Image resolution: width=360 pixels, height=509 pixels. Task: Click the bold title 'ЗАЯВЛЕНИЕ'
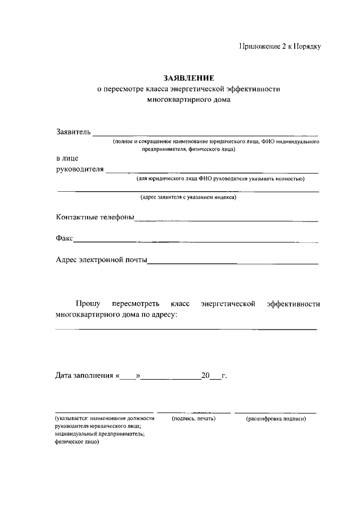click(x=188, y=78)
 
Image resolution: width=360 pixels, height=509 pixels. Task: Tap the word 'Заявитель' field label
click(x=73, y=132)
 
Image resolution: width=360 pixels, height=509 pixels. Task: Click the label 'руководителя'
click(x=80, y=169)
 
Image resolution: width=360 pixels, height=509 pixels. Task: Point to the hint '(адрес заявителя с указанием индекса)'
click(x=188, y=198)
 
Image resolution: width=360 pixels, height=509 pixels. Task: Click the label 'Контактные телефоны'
click(x=95, y=218)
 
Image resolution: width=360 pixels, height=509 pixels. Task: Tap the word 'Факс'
click(x=64, y=238)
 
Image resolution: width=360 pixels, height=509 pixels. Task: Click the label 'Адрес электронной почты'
click(x=101, y=260)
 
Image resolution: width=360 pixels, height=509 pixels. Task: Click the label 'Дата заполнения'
click(x=84, y=375)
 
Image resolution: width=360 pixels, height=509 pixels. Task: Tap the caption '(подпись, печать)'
click(x=193, y=419)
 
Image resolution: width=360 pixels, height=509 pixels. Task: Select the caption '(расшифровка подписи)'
click(x=276, y=419)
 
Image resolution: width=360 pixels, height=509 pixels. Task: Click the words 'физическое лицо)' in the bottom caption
click(x=77, y=442)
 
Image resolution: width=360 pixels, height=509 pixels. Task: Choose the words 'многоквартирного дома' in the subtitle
click(x=188, y=100)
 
